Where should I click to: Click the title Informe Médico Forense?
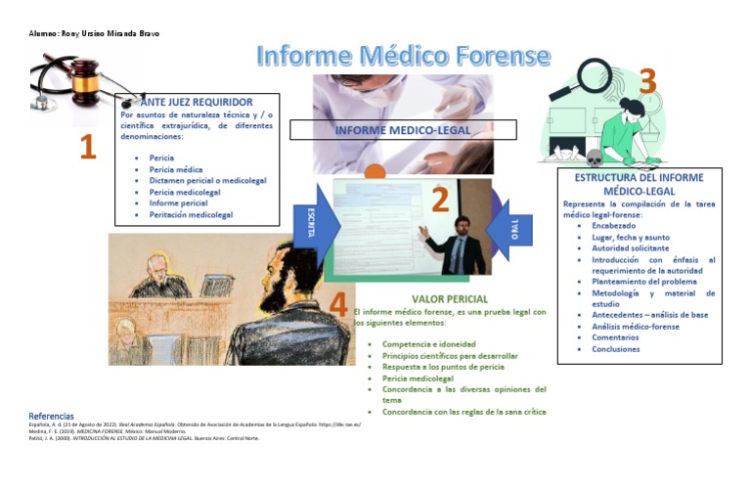point(402,55)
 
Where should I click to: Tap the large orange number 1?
point(88,148)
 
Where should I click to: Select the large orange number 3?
point(646,82)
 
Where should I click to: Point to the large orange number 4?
point(337,304)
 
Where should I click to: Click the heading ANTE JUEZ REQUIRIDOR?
point(197,102)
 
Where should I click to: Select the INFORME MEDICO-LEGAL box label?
point(402,130)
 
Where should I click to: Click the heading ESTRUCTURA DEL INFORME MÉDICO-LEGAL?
point(640,184)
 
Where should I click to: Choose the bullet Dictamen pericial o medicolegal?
point(207,181)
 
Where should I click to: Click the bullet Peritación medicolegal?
point(191,214)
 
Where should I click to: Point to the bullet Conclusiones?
point(615,349)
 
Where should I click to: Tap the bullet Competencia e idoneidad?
point(429,344)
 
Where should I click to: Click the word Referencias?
point(51,417)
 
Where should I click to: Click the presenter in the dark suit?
point(458,245)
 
